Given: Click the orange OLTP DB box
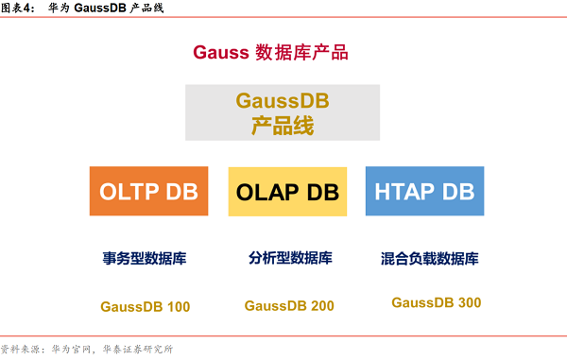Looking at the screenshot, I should [148, 192].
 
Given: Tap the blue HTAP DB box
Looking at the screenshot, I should [424, 192].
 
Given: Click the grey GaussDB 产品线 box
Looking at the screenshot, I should [283, 112].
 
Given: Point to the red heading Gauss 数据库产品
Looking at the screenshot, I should [271, 53].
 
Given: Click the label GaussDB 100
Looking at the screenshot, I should [145, 306].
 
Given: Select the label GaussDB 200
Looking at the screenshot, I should [288, 306].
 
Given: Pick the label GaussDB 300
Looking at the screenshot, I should [436, 302].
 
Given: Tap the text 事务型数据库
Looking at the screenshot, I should [145, 258].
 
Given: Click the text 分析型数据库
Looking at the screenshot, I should [290, 258].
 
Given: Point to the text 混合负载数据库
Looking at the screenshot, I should [429, 258].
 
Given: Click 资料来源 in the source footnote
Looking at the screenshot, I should [21, 349].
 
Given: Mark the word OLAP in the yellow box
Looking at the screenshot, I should [267, 192].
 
